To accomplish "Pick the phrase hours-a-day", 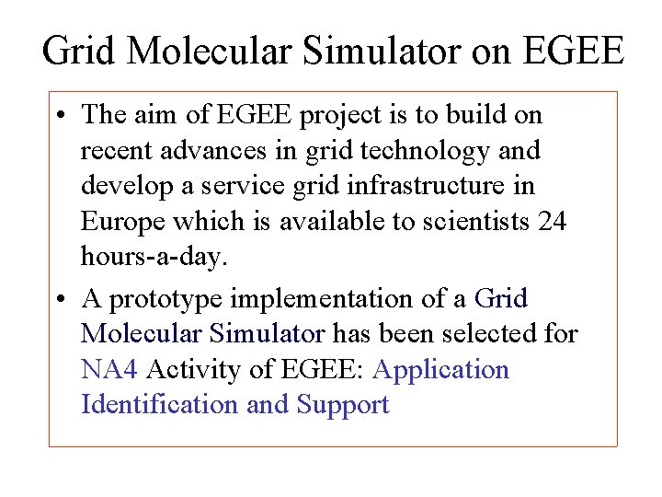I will tap(153, 259).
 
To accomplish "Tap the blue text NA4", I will tap(109, 370).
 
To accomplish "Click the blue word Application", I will tap(441, 370).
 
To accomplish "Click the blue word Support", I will tap(343, 405).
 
